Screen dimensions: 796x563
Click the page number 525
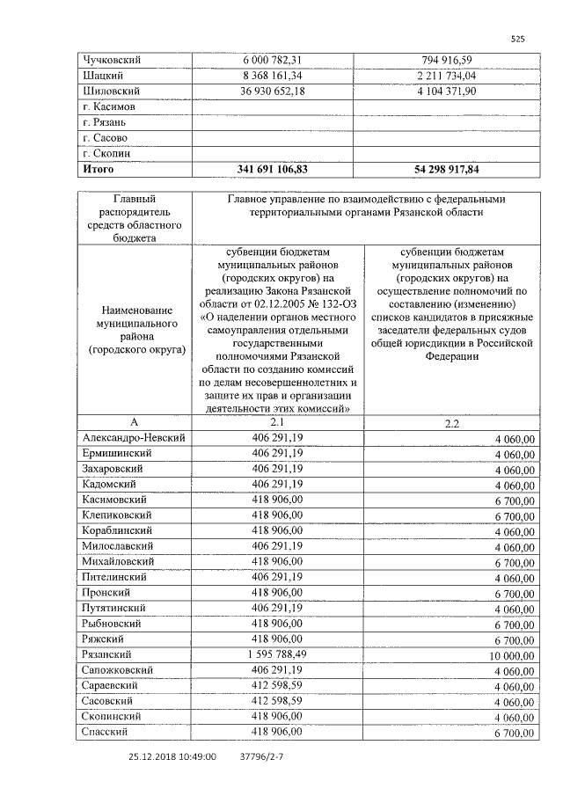(517, 39)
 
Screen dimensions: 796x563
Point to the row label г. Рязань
(105, 121)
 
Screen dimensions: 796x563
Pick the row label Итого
(98, 168)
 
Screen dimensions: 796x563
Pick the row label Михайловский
(117, 560)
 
